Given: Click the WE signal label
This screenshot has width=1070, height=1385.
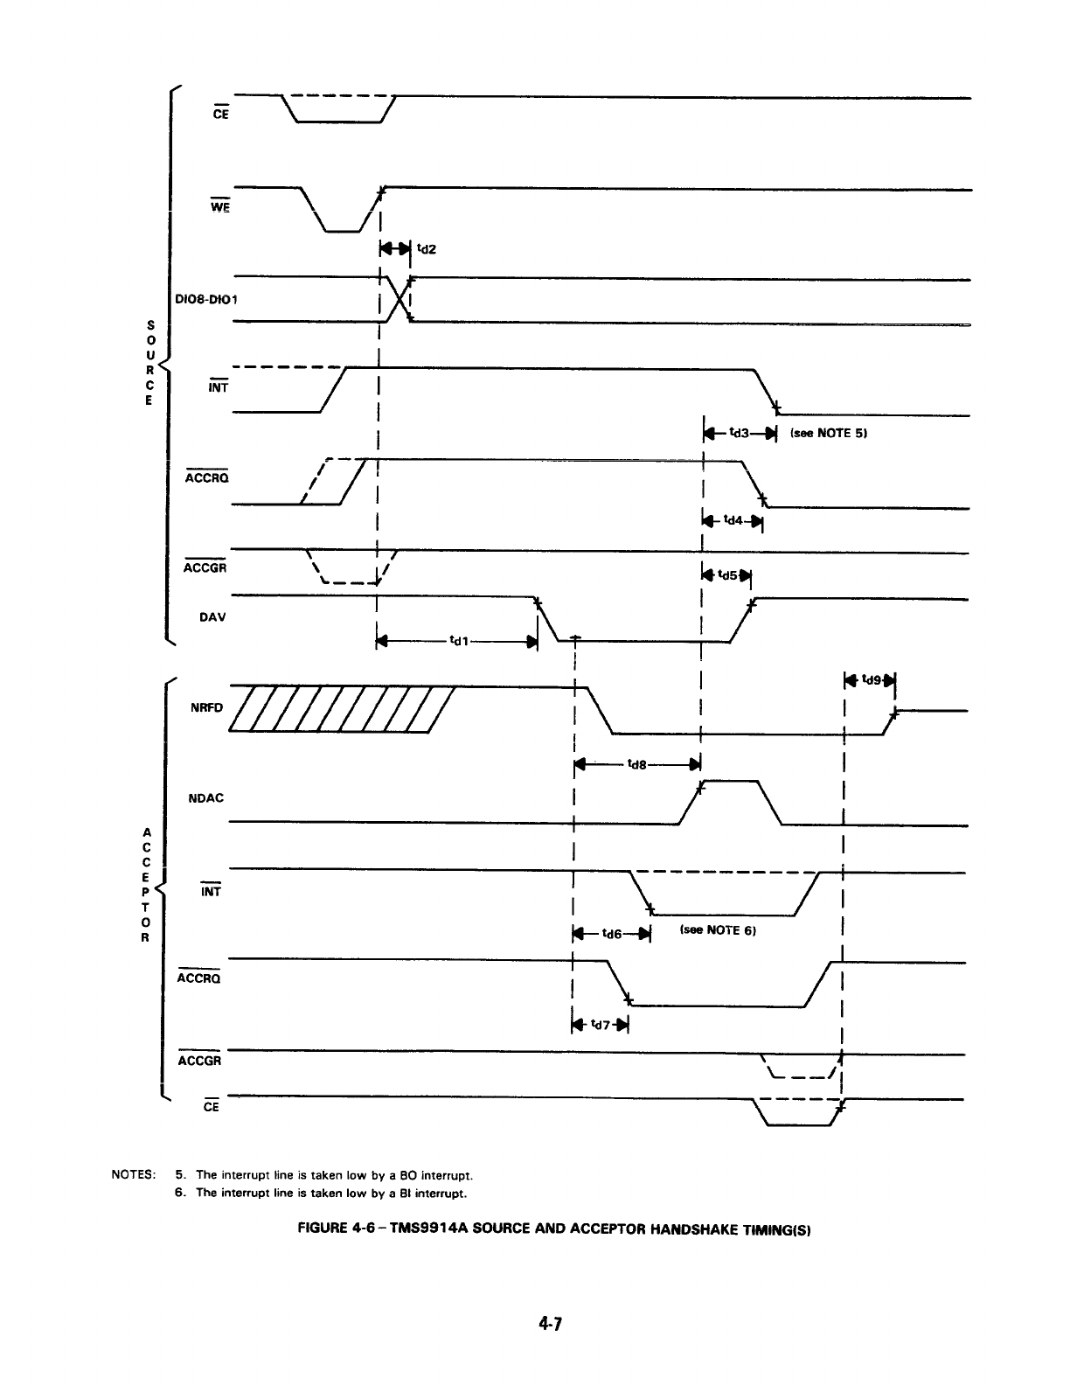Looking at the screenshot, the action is coord(219,207).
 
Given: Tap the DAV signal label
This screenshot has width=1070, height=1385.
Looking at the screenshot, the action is coord(212,616).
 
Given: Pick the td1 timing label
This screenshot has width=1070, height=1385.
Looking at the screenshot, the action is coord(458,641).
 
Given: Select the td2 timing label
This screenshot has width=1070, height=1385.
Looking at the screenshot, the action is coord(427,249).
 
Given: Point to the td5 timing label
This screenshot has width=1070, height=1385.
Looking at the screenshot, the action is coord(727,575).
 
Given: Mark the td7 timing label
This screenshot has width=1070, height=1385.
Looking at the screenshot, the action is coord(600,1024).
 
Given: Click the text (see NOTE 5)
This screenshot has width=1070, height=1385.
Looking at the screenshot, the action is coord(827,433).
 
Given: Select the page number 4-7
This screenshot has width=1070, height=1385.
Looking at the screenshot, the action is coord(548,1324).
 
